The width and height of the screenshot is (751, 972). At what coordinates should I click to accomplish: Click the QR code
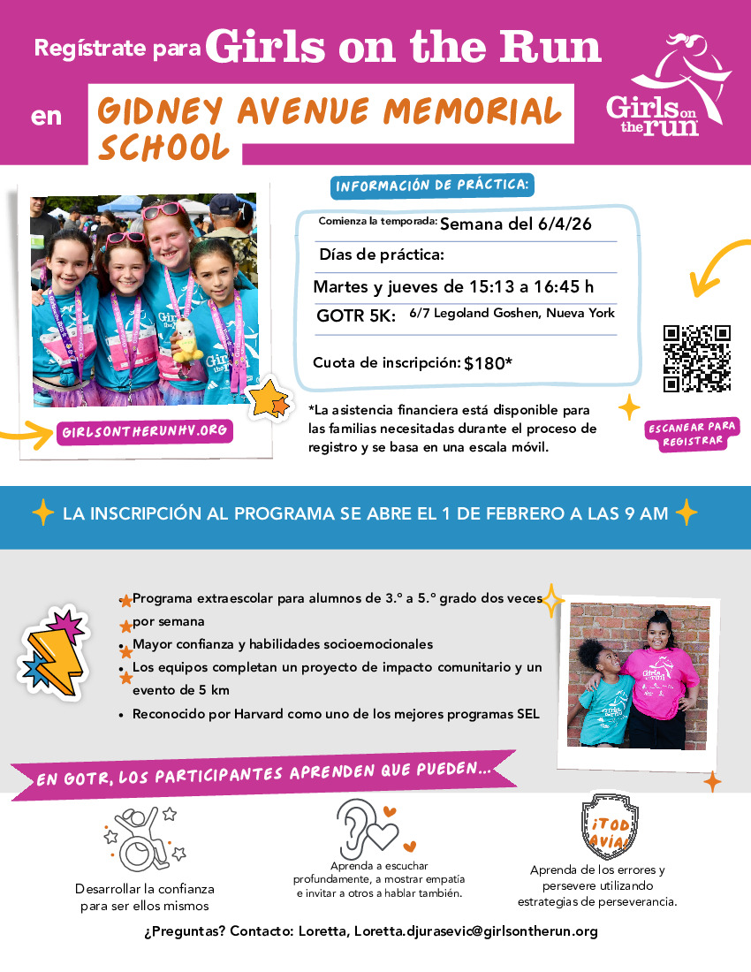coord(697,359)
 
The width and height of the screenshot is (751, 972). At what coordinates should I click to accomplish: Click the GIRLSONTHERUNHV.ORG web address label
coord(145,432)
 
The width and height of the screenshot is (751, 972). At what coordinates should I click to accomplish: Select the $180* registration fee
coord(489,362)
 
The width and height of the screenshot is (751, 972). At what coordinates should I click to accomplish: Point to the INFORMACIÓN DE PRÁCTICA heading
coord(433,186)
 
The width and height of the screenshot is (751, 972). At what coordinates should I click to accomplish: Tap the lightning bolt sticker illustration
coord(53,649)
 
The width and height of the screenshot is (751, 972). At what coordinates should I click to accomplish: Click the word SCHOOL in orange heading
coord(163,147)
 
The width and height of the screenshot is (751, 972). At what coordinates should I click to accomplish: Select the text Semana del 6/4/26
coord(516,224)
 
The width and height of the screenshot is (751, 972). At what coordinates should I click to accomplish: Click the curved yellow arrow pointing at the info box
coord(716,266)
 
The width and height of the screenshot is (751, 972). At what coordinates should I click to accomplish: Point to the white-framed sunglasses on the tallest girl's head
coord(165,210)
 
